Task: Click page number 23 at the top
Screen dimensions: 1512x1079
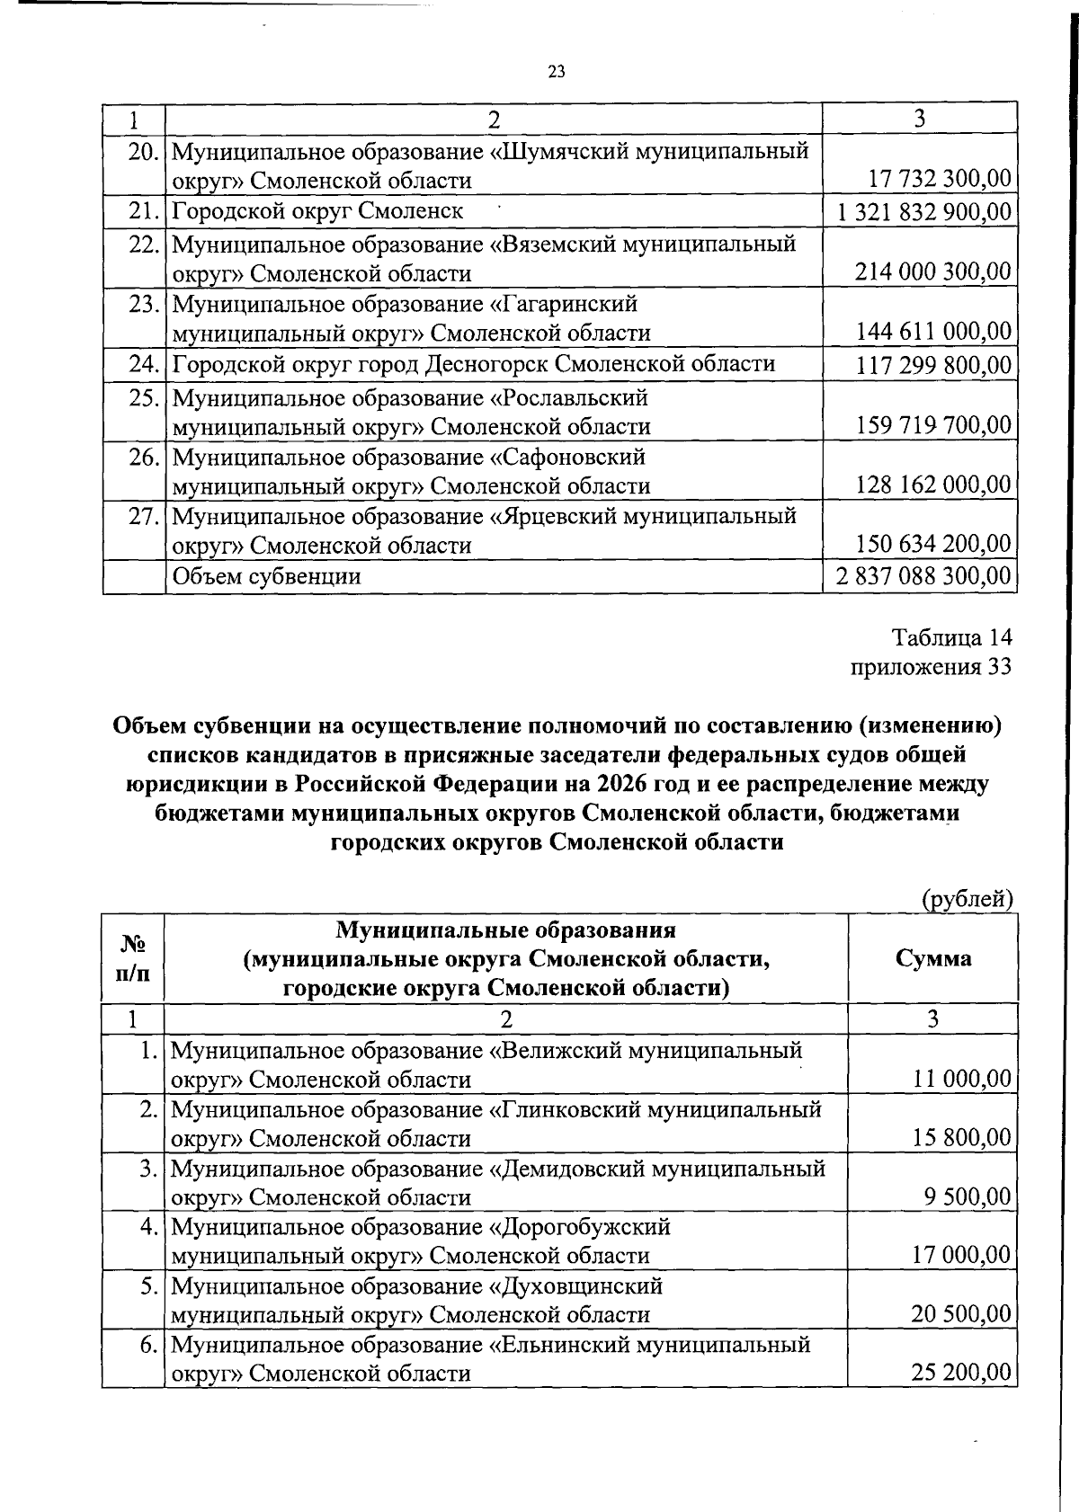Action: [556, 73]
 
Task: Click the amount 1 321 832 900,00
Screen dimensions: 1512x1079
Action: [923, 212]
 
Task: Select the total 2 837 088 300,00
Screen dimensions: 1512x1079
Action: [923, 575]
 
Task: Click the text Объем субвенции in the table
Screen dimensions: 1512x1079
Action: [267, 575]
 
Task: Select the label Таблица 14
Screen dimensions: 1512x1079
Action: [952, 637]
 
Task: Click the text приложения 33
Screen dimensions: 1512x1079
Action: [932, 666]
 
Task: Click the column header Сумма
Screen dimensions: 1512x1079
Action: [933, 958]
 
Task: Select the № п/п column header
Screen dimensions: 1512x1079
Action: [132, 958]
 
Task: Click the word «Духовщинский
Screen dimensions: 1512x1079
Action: [575, 1285]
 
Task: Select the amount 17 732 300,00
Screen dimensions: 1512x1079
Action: [940, 180]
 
